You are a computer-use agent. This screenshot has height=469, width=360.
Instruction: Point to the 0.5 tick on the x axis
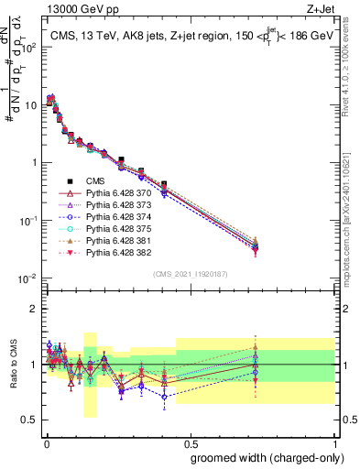190,441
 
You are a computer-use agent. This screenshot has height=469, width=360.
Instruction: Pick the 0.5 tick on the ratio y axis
31,420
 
